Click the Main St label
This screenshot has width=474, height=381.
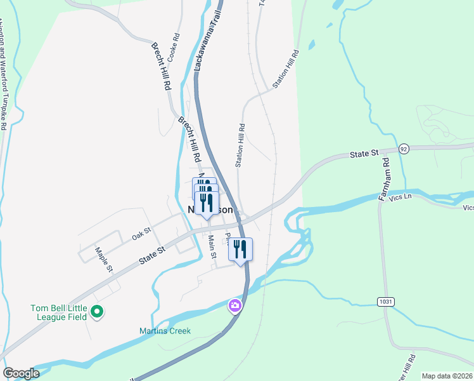(x=213, y=246)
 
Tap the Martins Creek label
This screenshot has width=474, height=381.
(x=165, y=331)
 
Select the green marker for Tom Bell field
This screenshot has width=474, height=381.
(x=97, y=312)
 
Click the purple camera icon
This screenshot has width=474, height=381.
(x=235, y=306)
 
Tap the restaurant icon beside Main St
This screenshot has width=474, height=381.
(x=240, y=249)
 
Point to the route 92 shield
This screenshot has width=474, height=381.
(x=404, y=149)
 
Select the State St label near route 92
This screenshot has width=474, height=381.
(x=364, y=153)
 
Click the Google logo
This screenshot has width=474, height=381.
(x=21, y=373)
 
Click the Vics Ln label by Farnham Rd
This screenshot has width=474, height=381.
(x=400, y=197)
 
